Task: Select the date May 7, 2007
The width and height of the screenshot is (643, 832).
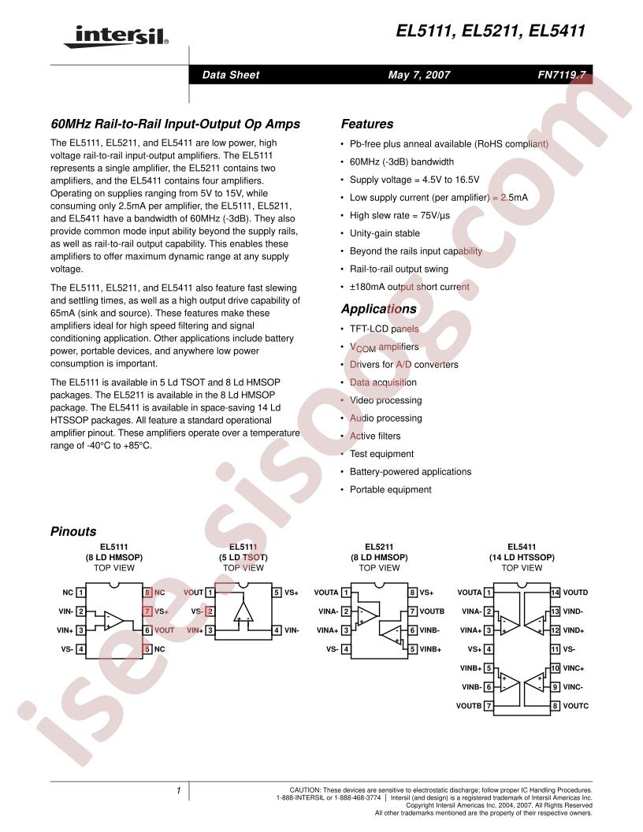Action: coord(419,76)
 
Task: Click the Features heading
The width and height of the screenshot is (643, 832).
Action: coord(366,124)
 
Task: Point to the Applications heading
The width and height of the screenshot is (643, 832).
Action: coord(378,309)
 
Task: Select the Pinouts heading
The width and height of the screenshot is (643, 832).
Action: coord(73,532)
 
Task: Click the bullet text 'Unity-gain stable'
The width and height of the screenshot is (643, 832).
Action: coord(385,233)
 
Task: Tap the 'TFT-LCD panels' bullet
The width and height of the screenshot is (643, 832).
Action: coord(385,329)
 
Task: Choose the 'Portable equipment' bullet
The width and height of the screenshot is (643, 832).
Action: coord(391,489)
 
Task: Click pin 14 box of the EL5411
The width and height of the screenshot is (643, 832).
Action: coord(556,592)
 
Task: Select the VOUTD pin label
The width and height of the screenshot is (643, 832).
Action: coord(576,592)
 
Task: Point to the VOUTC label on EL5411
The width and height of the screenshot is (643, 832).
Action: coord(576,706)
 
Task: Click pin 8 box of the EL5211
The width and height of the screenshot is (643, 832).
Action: coord(412,592)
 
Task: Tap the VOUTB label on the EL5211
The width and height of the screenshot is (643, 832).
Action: coord(433,611)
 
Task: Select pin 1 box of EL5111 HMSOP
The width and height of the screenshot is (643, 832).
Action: coord(80,592)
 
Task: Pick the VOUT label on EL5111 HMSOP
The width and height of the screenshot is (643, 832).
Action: coord(165,630)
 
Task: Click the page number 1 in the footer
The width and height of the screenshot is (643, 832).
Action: coord(179,789)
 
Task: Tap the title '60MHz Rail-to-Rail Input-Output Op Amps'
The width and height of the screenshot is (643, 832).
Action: coord(175,124)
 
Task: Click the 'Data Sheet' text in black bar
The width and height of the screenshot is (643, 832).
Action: coord(230,76)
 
